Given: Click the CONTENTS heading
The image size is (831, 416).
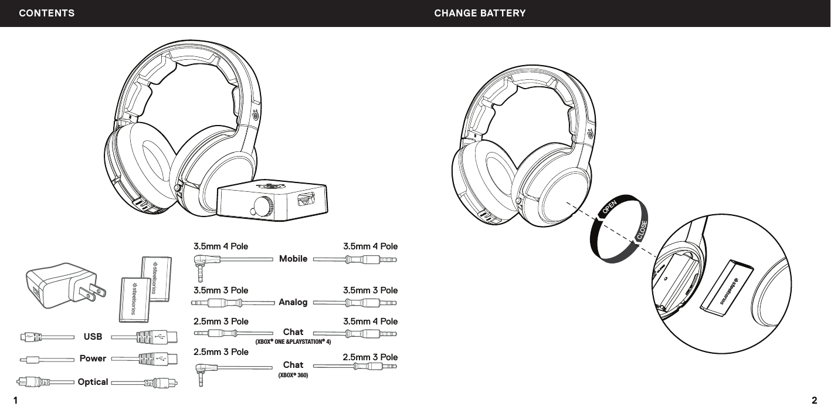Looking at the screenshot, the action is point(47,13).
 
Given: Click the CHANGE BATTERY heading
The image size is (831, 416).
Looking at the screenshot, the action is point(480,13).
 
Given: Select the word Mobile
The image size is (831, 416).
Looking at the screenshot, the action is point(293,258).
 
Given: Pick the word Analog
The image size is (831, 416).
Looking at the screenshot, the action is point(293,303).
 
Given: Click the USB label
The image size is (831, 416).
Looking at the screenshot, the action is point(93,337).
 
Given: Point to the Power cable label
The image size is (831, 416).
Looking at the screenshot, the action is point(93,358).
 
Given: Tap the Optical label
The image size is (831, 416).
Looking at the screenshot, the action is point(93,382).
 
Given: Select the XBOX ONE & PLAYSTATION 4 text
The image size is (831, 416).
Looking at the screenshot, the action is point(293,341).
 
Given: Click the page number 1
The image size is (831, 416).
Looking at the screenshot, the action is point(16,401).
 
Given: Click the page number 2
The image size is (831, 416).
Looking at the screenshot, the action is point(814,401).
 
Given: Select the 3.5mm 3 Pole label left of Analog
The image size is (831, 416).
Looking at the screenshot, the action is point(221,290).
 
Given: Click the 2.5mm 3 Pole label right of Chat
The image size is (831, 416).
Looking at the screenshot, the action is point(370,357).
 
